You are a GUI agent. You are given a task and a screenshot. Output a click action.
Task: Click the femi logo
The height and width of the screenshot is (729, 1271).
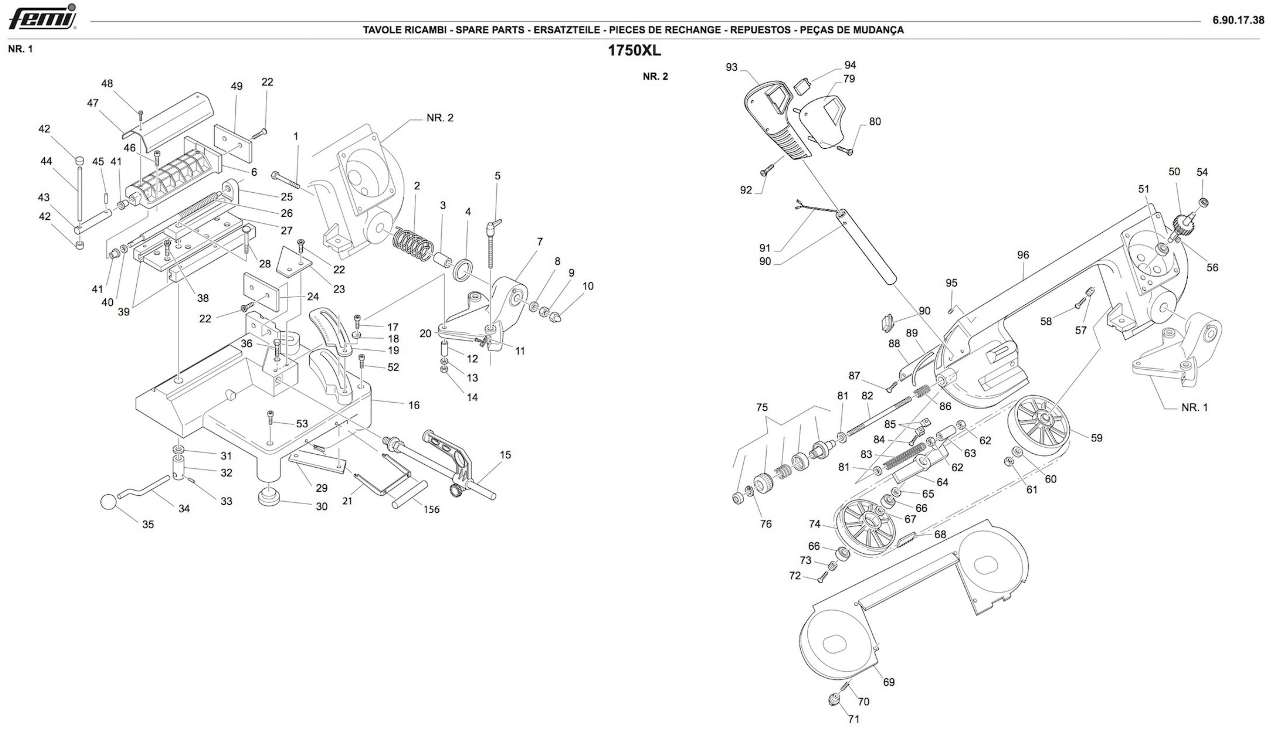(43, 17)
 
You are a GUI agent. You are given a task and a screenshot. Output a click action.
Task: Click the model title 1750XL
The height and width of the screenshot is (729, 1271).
(634, 50)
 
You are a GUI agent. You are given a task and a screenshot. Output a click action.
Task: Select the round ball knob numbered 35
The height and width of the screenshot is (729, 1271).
(108, 502)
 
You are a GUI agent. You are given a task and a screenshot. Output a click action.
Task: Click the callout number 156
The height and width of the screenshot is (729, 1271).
(431, 509)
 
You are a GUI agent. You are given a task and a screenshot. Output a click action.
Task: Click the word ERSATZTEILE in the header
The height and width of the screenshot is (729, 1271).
(567, 30)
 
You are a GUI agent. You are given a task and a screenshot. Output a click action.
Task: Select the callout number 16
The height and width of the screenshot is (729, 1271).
(414, 405)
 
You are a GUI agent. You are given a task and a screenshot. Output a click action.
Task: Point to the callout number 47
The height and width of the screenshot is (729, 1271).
(93, 103)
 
